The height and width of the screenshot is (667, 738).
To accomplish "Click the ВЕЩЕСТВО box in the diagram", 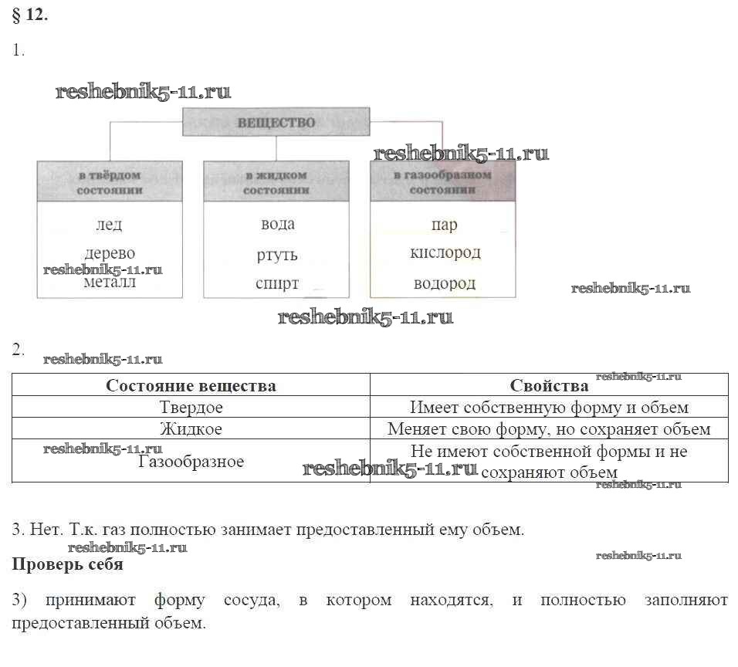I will tap(276, 123).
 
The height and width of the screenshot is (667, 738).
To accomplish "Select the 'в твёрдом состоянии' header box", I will tap(110, 181).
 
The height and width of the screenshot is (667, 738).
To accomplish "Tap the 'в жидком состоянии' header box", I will tap(276, 181).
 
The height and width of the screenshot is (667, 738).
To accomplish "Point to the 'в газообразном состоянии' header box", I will tap(442, 181).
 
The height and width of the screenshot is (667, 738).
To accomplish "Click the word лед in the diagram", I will tap(109, 225).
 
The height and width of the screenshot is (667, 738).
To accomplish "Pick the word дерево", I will tap(110, 253).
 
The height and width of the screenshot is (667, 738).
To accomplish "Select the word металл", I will tap(109, 283).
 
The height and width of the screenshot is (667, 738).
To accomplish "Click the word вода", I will tap(277, 224).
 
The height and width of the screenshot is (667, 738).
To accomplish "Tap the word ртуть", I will tap(277, 255).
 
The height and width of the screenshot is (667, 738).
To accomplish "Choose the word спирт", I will tap(277, 283).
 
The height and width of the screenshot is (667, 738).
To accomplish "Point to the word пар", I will tap(444, 225).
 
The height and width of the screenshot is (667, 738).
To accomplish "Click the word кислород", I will tap(445, 252).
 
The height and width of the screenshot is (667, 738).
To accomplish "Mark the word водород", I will tap(445, 283).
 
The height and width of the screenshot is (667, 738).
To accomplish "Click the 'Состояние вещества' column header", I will tap(191, 385).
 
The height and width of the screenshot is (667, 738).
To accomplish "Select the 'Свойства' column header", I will tap(549, 385).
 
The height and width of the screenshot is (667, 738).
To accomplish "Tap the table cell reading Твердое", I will tap(191, 407).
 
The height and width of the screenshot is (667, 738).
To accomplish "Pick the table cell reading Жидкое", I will tap(191, 428).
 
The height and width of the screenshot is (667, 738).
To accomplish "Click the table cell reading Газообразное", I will tap(191, 462).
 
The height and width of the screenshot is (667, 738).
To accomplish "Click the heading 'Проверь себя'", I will tap(67, 564).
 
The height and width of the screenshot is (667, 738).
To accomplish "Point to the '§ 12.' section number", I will tap(31, 16).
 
